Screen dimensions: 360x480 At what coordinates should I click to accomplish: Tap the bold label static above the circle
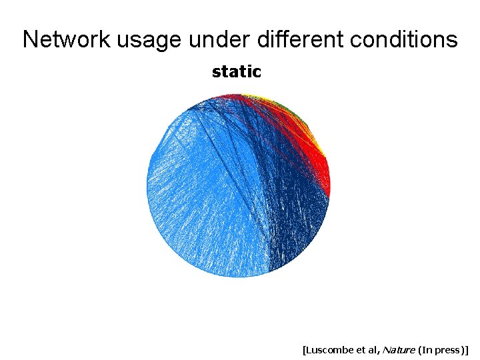tap(236, 71)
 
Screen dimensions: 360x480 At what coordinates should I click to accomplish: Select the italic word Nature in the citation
tap(399, 349)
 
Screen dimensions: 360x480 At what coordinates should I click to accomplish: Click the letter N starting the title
tap(30, 39)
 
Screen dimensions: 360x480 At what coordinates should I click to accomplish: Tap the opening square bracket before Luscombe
tap(304, 349)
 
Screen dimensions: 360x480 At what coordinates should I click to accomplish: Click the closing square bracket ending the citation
tap(468, 349)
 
